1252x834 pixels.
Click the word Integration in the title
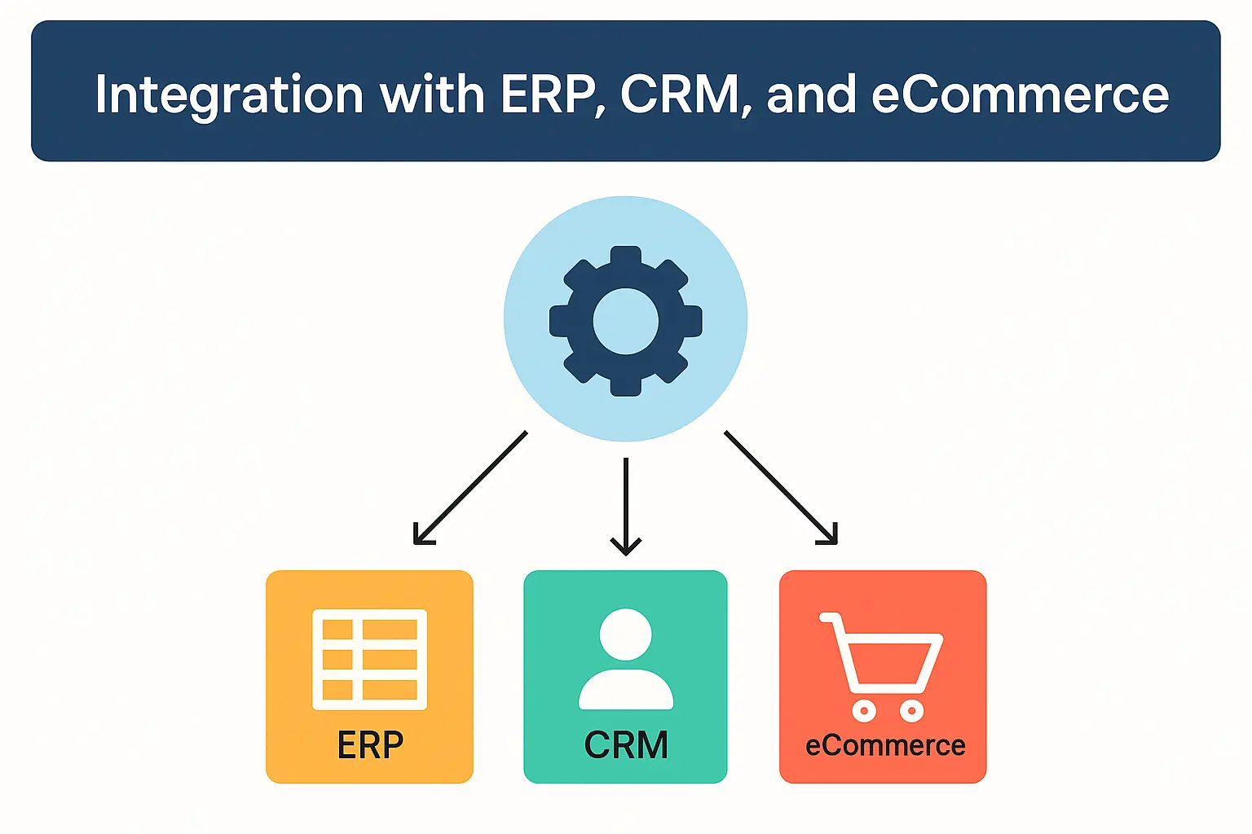point(229,96)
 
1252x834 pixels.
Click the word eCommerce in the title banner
point(1020,95)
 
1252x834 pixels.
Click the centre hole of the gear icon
point(625,321)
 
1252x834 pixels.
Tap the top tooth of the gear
point(625,257)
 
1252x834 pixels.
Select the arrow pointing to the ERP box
point(470,487)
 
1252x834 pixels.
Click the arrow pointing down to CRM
point(625,507)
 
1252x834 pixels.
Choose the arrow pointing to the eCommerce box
point(781,487)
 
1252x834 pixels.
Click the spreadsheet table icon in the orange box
point(369,659)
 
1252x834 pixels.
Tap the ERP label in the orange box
point(370,745)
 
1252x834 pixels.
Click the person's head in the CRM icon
point(625,634)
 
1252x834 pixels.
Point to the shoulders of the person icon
point(625,689)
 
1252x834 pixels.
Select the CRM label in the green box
point(625,745)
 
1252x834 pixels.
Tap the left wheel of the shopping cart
point(864,710)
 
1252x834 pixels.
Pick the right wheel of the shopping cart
point(911,710)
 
